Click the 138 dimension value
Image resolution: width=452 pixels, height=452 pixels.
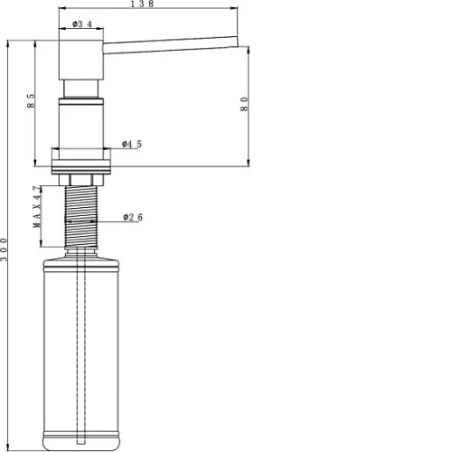tap(142, 4)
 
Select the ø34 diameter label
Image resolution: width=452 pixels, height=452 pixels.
tap(82, 24)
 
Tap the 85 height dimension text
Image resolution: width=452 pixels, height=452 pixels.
tap(31, 101)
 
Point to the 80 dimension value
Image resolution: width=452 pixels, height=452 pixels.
tap(244, 104)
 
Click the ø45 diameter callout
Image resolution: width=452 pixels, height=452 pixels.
tap(132, 144)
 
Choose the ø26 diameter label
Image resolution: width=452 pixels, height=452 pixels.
tap(133, 217)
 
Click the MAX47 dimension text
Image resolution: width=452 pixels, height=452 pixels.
tap(37, 207)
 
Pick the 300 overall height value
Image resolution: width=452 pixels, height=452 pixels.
tap(4, 250)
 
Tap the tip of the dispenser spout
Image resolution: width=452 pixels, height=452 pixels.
tap(237, 42)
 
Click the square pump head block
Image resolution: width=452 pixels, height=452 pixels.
tap(81, 60)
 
